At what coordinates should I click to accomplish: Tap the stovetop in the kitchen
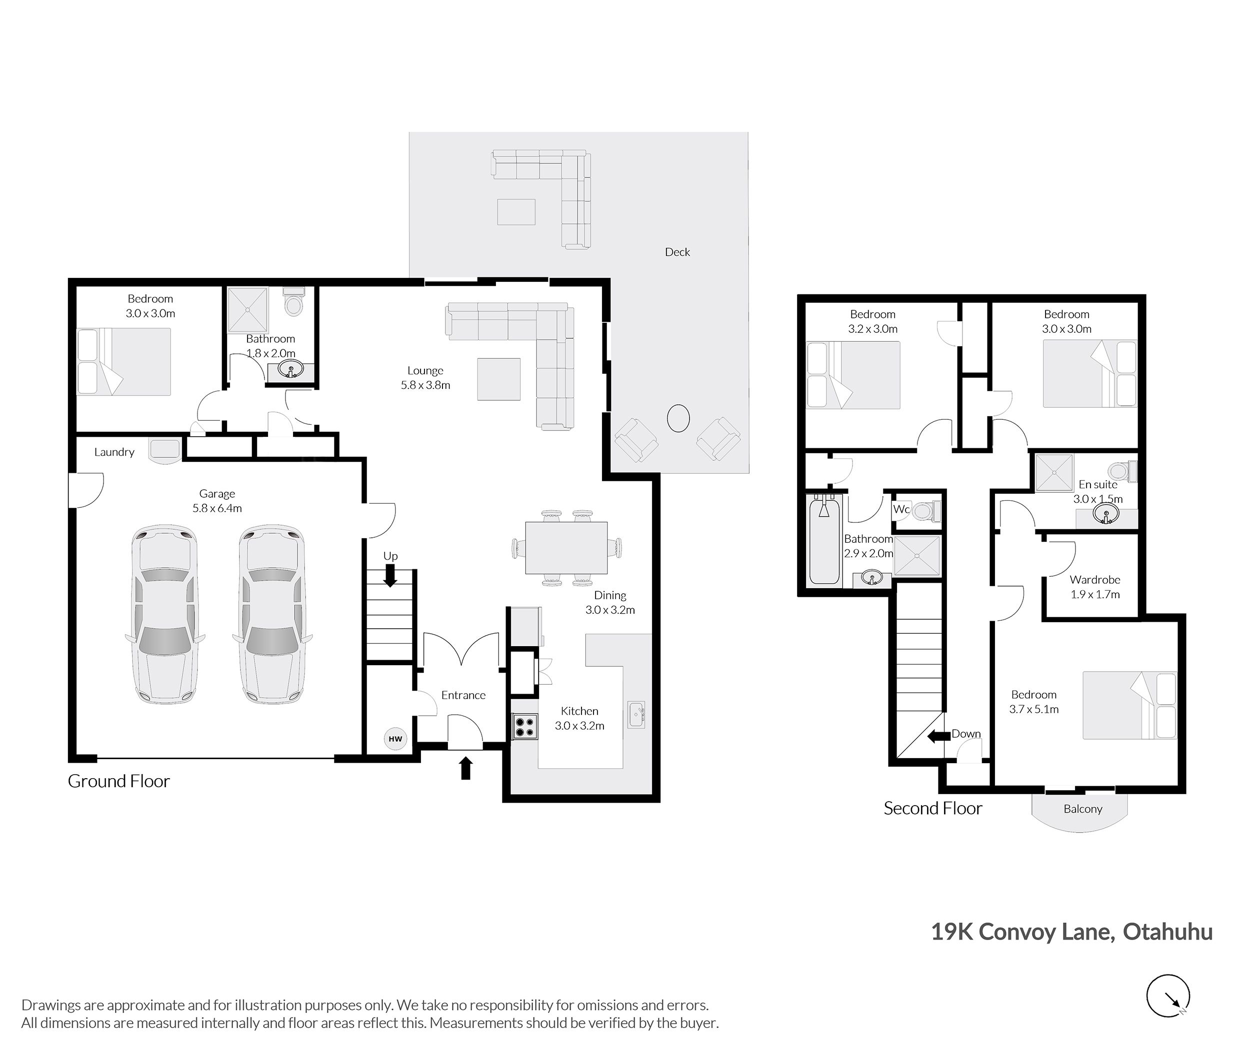coord(525,726)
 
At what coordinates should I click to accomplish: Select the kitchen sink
coord(636,715)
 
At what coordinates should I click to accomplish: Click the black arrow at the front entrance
coord(465,768)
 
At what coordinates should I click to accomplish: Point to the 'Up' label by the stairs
coord(390,556)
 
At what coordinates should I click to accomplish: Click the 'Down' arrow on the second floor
coord(938,737)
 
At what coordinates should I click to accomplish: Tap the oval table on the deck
coord(678,418)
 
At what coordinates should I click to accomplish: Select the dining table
coord(566,547)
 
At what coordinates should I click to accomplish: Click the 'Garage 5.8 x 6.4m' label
coord(217,501)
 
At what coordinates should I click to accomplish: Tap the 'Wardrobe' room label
coord(1095,580)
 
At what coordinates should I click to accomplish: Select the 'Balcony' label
coord(1083,809)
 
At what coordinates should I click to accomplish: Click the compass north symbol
coord(1168,996)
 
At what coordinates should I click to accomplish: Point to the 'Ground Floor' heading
coord(118,781)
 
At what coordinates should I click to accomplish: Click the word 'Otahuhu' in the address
coord(1167,932)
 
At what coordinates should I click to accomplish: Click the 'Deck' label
coord(677,252)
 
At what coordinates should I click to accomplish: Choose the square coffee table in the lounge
coord(499,379)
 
